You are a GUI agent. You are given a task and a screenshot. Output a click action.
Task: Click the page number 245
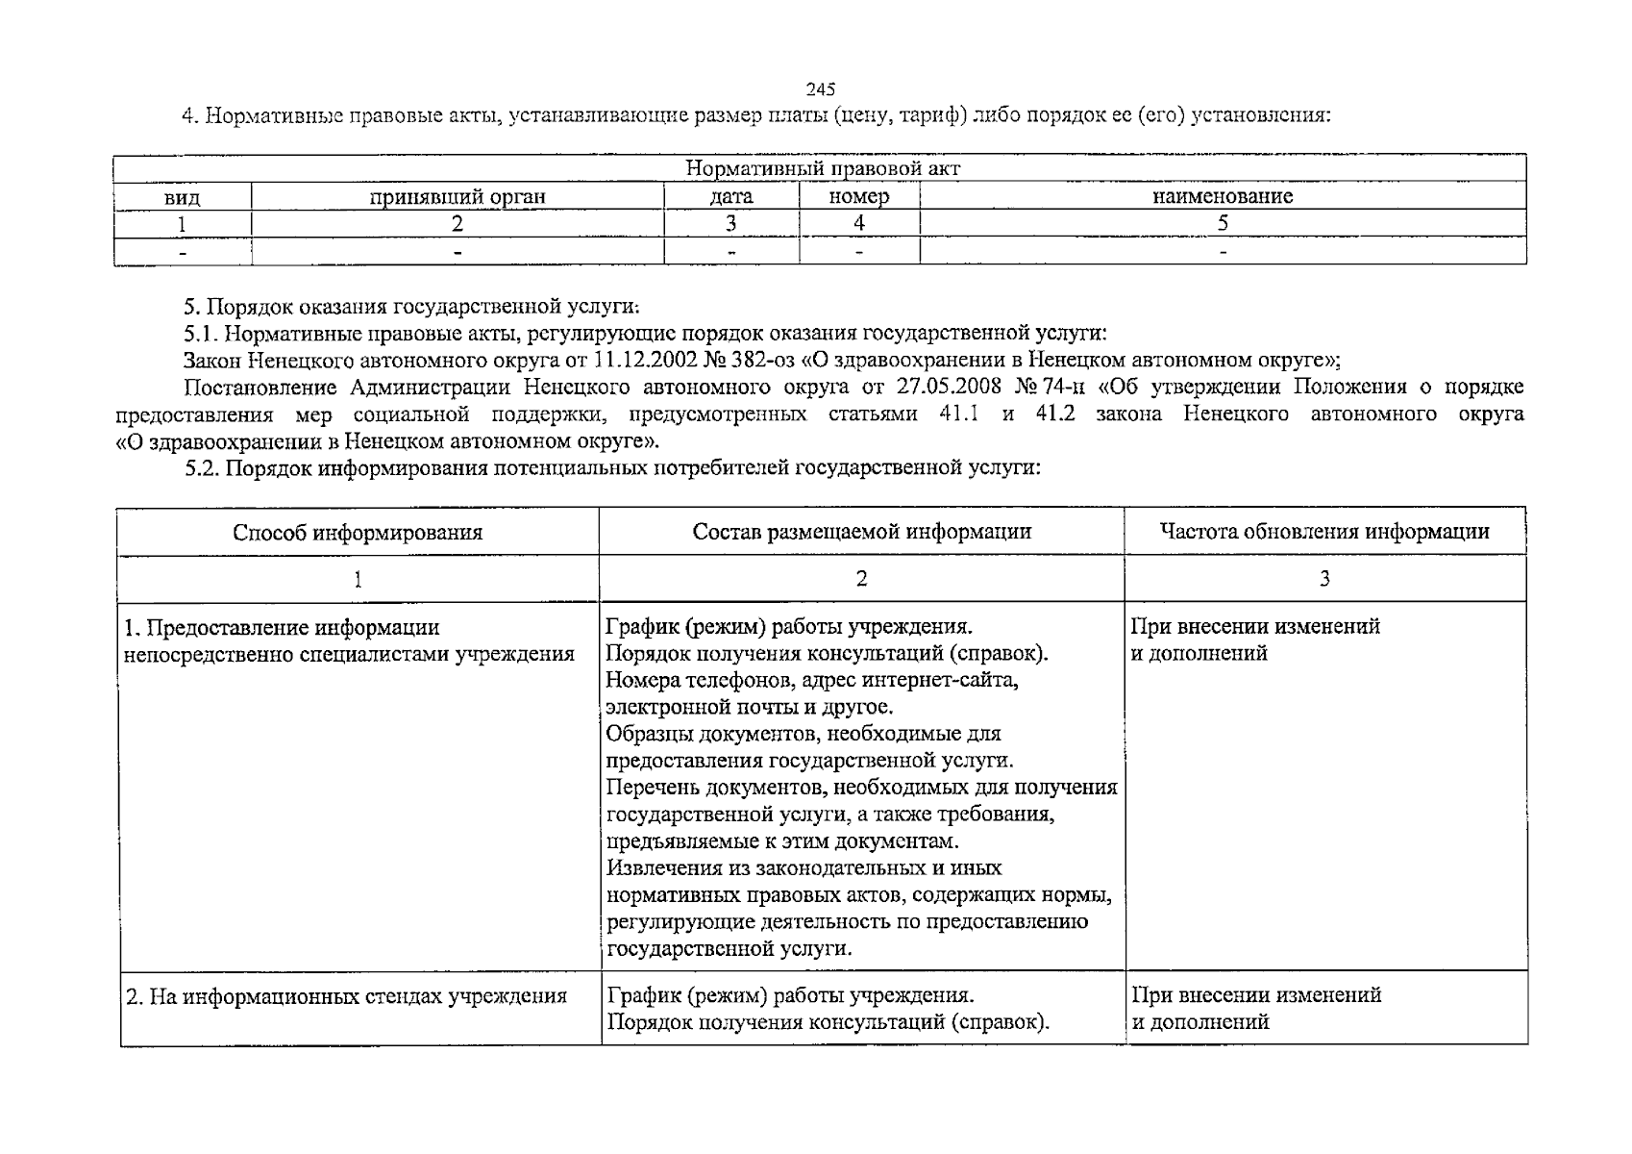tap(821, 89)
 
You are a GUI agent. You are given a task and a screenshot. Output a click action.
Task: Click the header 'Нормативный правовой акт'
tap(823, 168)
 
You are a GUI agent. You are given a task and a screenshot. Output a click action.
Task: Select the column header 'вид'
tap(182, 197)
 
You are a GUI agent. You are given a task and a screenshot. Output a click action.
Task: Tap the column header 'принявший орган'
tap(457, 196)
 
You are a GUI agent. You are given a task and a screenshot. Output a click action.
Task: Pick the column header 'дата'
tap(731, 196)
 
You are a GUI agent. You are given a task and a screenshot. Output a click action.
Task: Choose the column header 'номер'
tap(858, 196)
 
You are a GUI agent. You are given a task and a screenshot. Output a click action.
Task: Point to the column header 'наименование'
tap(1223, 196)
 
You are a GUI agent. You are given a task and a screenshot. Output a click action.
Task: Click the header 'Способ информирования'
tap(358, 532)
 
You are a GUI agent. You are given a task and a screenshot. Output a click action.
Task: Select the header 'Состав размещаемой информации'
tap(861, 531)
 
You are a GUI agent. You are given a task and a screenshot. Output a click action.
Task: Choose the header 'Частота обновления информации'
tap(1324, 531)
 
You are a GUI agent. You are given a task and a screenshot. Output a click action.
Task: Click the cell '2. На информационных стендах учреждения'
tap(346, 996)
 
